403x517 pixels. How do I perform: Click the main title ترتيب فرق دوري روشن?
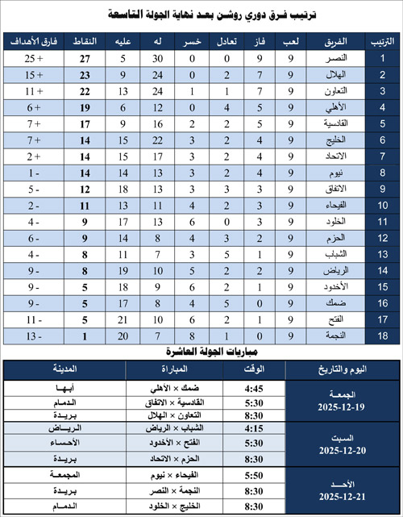coord(201,14)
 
